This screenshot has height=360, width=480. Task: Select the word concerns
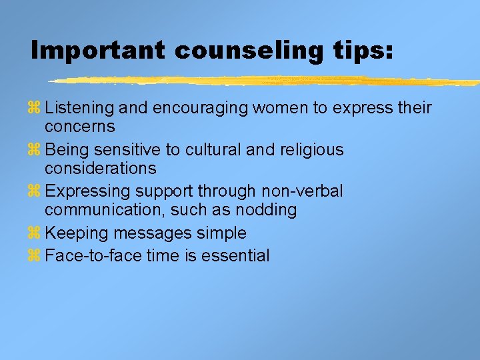pyautogui.click(x=80, y=127)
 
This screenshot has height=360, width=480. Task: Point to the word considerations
pyautogui.click(x=101, y=168)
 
